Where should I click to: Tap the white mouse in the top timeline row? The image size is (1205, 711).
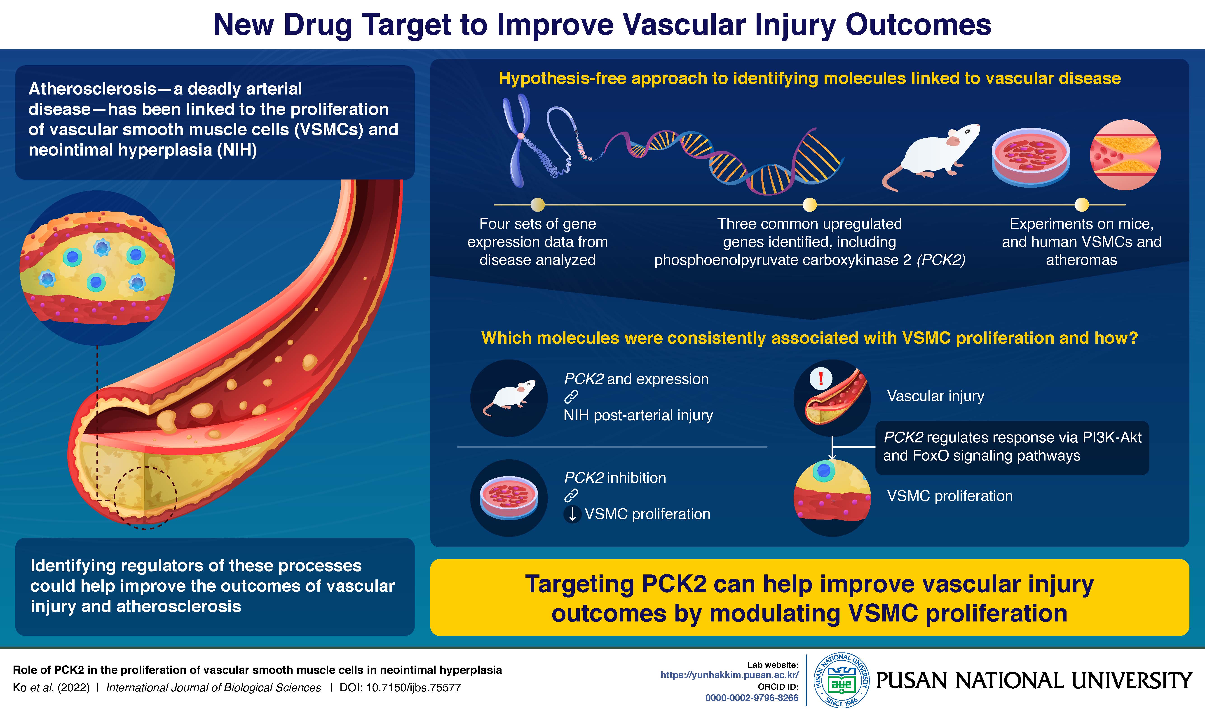point(931,153)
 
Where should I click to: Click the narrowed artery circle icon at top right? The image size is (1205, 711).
point(1125,154)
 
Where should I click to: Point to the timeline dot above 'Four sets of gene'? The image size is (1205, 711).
point(538,205)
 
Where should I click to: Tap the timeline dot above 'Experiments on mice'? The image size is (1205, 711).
point(1081,205)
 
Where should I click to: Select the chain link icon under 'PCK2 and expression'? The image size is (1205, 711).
point(571,397)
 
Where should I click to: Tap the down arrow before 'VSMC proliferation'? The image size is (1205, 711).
point(572,514)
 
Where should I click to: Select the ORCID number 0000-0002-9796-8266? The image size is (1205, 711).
point(752,698)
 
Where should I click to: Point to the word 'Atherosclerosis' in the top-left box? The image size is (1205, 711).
point(92,89)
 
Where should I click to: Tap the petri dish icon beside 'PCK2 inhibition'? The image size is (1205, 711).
point(509,498)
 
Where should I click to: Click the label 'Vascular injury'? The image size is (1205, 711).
point(935,396)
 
